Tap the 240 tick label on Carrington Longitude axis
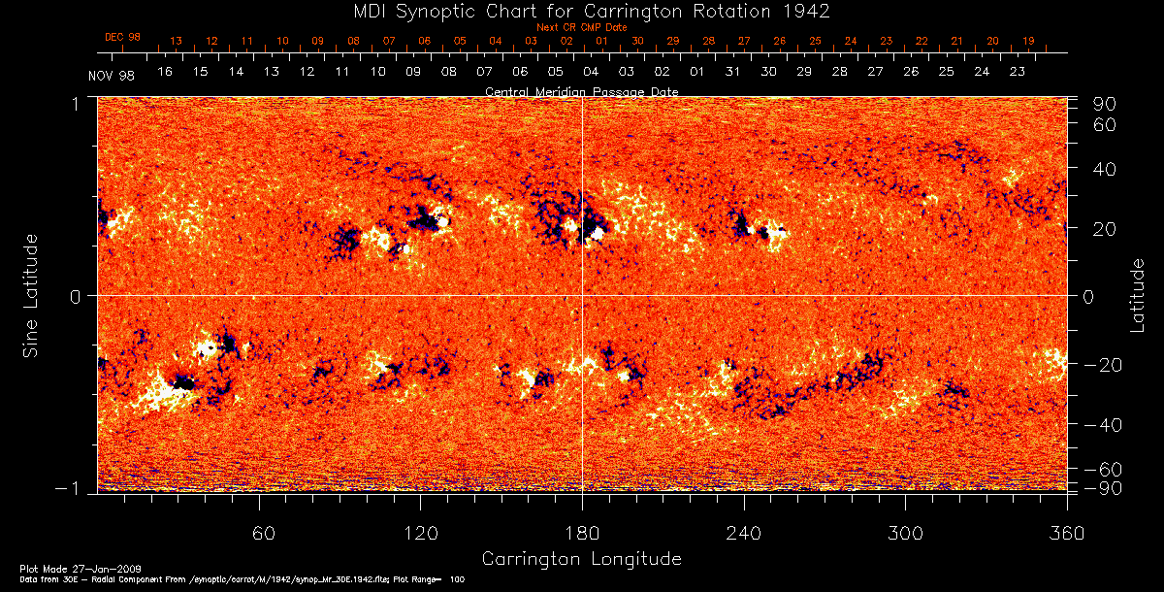(744, 535)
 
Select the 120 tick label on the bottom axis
(421, 535)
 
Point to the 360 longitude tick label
(1066, 535)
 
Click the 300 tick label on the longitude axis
(905, 535)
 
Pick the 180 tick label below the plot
(582, 535)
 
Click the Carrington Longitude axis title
(581, 559)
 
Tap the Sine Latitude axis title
(31, 295)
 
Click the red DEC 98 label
(122, 37)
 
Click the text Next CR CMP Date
(581, 27)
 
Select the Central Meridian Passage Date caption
(581, 91)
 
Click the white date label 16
(165, 72)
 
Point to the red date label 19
(1027, 42)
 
